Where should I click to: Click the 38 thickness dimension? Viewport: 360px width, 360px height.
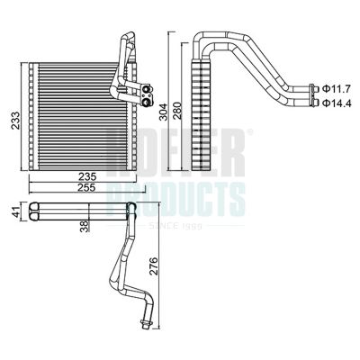(84, 227)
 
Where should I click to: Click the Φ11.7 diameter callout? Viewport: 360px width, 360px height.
(337, 88)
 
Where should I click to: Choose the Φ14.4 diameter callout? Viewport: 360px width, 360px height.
(337, 103)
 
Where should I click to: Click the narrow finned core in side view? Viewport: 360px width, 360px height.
(201, 117)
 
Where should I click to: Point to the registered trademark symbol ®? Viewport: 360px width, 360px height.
(249, 132)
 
